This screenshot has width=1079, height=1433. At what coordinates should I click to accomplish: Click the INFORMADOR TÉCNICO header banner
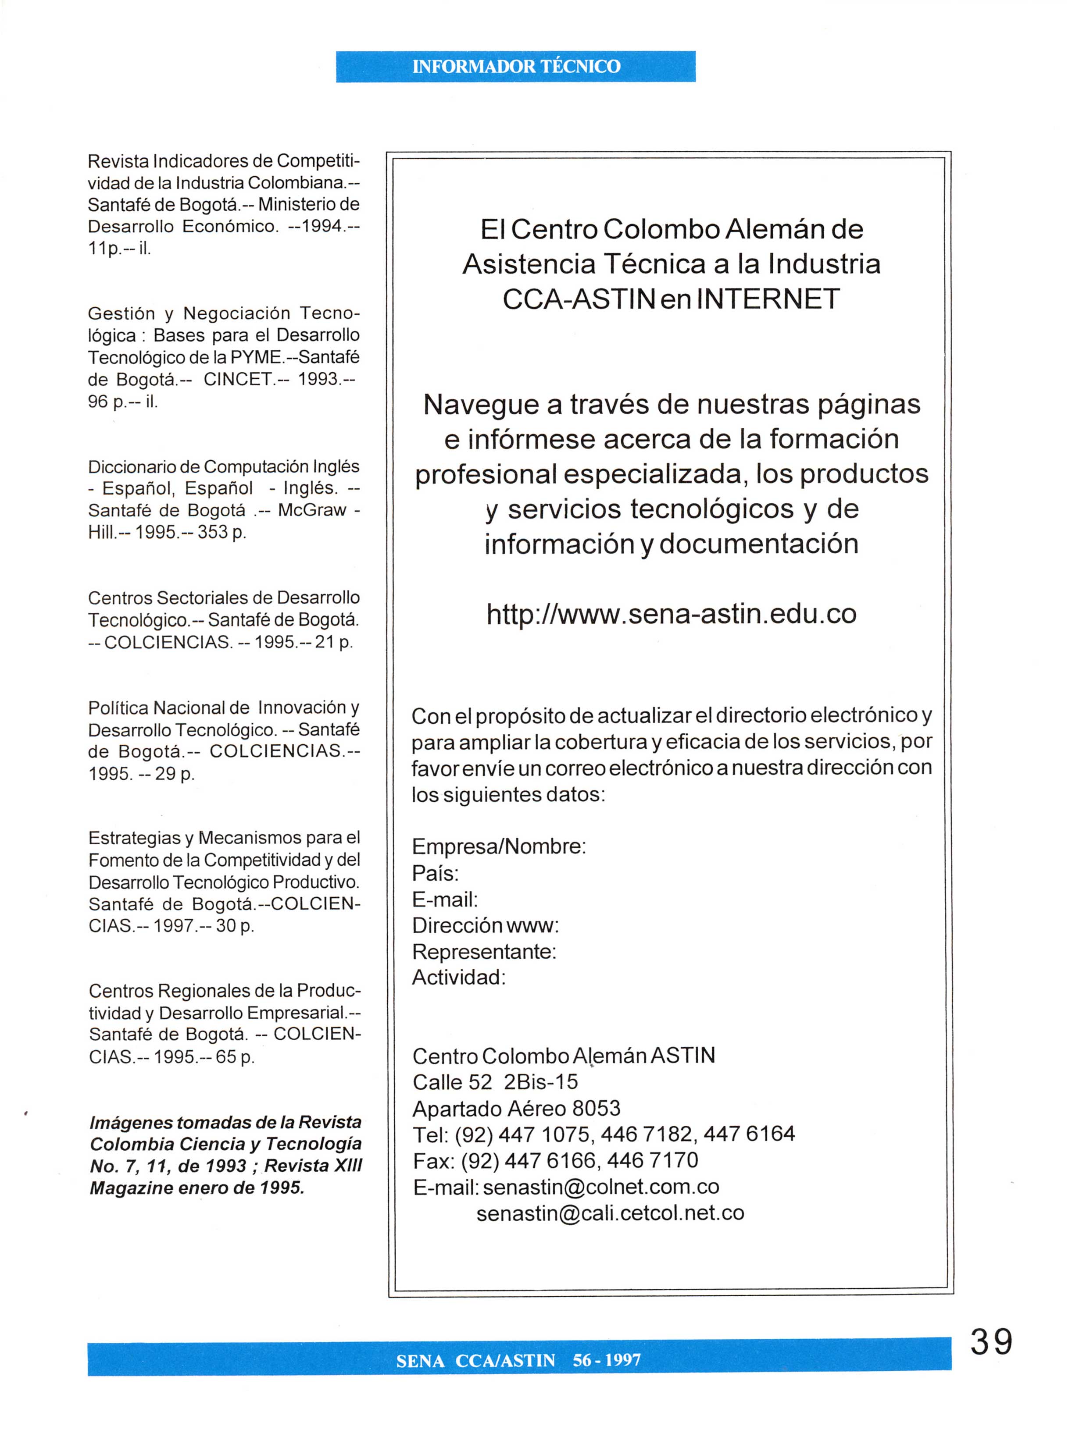click(x=516, y=67)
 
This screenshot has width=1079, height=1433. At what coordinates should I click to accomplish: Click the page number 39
click(x=991, y=1342)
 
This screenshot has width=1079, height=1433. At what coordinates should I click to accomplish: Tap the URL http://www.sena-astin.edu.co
click(x=672, y=614)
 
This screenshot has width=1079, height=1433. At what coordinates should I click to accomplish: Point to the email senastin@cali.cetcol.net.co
click(x=610, y=1213)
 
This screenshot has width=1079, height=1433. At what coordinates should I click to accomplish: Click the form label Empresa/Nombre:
click(x=499, y=847)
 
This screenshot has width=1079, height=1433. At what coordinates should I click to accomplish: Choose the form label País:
click(x=436, y=873)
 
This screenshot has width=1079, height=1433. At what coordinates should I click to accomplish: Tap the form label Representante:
click(x=484, y=952)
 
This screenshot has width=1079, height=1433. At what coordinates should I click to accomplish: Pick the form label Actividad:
click(x=459, y=978)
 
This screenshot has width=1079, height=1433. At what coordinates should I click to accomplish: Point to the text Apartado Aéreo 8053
click(x=517, y=1109)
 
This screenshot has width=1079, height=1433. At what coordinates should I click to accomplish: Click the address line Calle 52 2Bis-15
click(x=495, y=1082)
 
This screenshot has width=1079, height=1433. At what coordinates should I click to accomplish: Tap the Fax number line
click(x=555, y=1160)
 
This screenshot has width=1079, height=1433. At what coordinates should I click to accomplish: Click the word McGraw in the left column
click(x=312, y=511)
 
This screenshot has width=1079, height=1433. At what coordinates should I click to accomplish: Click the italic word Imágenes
click(x=130, y=1123)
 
